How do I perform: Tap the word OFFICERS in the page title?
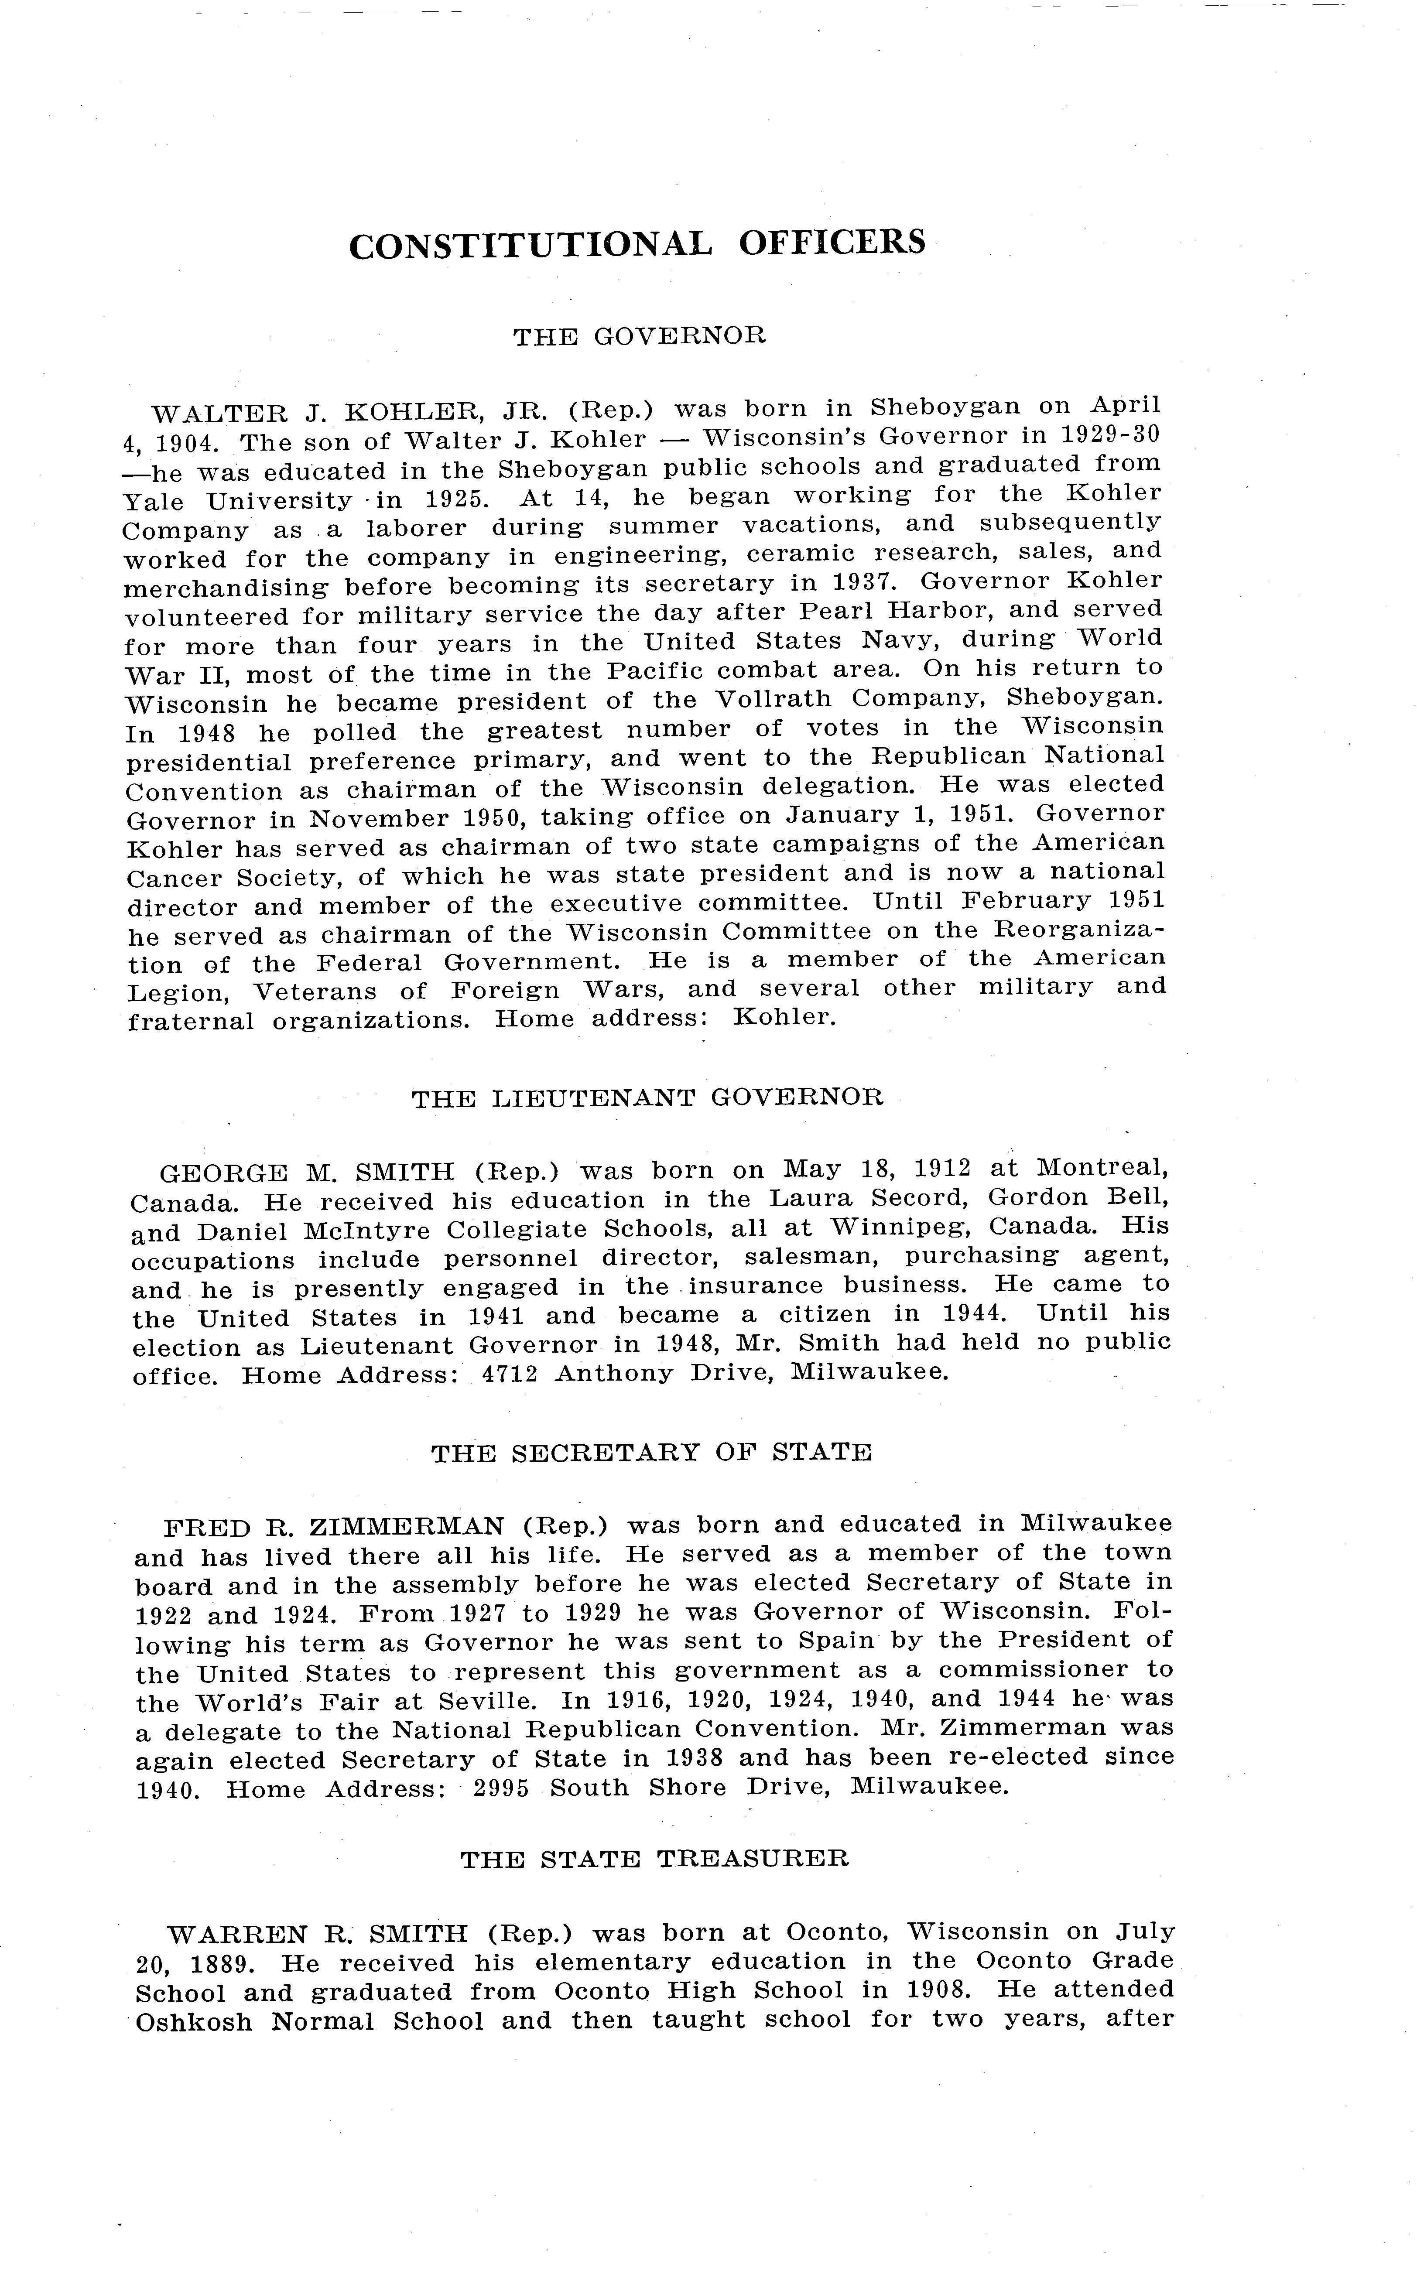831,242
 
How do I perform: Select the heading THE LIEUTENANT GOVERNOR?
647,1098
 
